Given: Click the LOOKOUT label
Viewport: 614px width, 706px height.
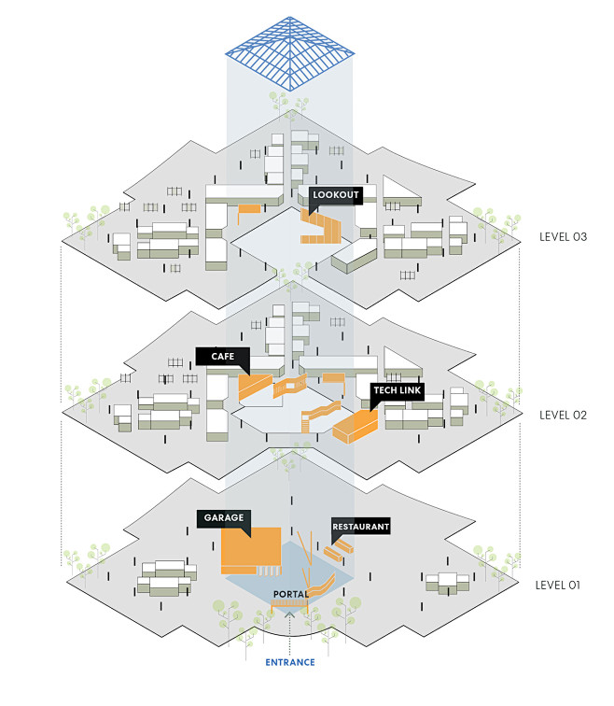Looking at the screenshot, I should click(x=335, y=195).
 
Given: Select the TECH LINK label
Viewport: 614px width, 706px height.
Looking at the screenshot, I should click(x=398, y=390).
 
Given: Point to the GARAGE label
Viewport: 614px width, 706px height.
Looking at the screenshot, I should click(x=223, y=516).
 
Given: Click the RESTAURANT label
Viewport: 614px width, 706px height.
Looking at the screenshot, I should click(x=360, y=527).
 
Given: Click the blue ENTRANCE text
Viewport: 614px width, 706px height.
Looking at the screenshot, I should click(x=289, y=662).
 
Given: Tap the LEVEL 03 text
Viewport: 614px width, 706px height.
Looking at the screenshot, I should click(x=563, y=236).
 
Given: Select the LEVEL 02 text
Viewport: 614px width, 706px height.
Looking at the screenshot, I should click(x=563, y=414).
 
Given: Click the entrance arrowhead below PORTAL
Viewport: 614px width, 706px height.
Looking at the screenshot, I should click(x=289, y=613).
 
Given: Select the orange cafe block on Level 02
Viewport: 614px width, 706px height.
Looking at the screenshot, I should click(x=253, y=387).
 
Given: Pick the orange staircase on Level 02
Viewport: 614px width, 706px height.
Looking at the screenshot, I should click(x=320, y=412).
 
